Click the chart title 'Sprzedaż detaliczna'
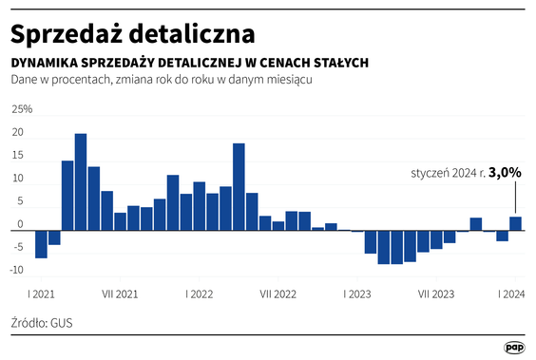click(x=132, y=33)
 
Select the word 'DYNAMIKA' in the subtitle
click(x=46, y=63)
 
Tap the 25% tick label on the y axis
click(x=22, y=109)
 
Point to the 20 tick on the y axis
click(x=17, y=133)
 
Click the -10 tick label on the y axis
click(x=17, y=271)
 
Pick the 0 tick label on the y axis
click(x=20, y=224)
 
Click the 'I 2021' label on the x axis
click(x=41, y=294)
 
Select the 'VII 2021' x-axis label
click(x=120, y=294)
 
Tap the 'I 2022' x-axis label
click(x=199, y=294)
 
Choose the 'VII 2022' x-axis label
click(x=278, y=294)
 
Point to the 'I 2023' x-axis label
click(x=357, y=294)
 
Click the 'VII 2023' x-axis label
click(x=436, y=294)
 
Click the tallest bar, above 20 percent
click(x=81, y=181)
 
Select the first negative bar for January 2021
click(x=41, y=243)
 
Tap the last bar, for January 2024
click(x=515, y=223)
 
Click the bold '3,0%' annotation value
click(x=505, y=173)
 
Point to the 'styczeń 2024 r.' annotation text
click(x=448, y=174)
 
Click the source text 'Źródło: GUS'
click(x=42, y=323)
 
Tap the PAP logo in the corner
click(x=514, y=348)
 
